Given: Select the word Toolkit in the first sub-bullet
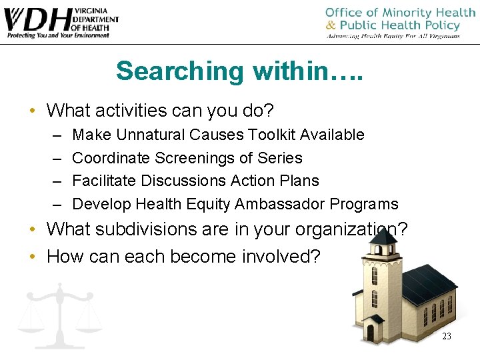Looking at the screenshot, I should pos(273,135).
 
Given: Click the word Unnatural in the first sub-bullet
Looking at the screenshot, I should pos(151,135).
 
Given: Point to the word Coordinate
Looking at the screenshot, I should pos(111,158).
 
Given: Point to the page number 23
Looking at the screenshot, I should pos(447,336).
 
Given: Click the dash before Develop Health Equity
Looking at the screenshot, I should pos(55,204).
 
